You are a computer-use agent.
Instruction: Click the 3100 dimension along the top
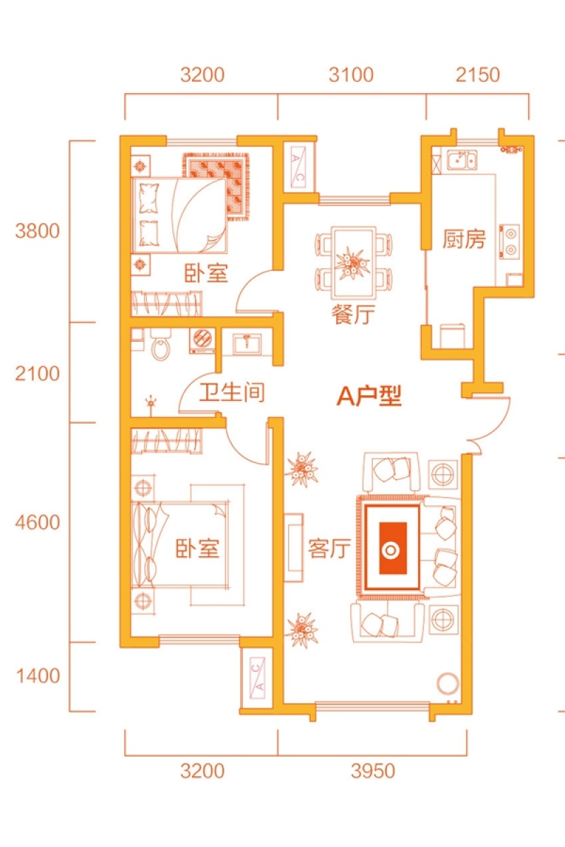pos(351,75)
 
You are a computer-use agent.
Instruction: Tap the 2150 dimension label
pos(477,75)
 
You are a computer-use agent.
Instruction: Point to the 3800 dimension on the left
pos(37,231)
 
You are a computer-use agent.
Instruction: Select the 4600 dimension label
pos(37,522)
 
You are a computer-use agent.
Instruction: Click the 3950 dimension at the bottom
pos(373,771)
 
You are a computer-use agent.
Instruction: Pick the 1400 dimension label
pos(38,675)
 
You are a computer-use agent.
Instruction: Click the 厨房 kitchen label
pos(464,239)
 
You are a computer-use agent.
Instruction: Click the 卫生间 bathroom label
pos(232,392)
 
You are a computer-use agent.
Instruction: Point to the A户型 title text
pos(369,395)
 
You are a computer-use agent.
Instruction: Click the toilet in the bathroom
pos(161,344)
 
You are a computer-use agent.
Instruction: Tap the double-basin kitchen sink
pos(462,160)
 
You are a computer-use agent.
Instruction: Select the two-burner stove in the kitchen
pos(509,242)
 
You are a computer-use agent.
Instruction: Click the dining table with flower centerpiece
pos(353,262)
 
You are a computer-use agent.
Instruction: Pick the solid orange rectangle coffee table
pos(393,548)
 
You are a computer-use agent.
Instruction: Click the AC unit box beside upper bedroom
pos(299,168)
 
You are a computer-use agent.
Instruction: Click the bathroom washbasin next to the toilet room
pos(246,343)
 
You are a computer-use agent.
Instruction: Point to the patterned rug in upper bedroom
pos(216,186)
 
